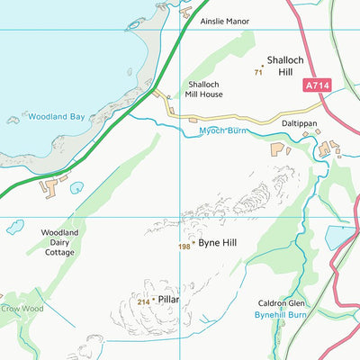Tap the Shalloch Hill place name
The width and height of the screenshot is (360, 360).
pyautogui.click(x=285, y=65)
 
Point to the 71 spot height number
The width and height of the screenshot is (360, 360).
pyautogui.click(x=257, y=72)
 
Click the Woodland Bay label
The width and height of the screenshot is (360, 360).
pyautogui.click(x=57, y=116)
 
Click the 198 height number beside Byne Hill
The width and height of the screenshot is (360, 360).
pyautogui.click(x=184, y=245)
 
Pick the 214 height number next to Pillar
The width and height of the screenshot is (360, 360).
pyautogui.click(x=142, y=302)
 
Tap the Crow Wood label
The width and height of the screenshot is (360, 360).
pyautogui.click(x=21, y=309)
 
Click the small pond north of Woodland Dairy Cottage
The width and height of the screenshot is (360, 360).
pyautogui.click(x=76, y=188)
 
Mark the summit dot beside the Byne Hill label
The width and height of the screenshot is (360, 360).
pyautogui.click(x=193, y=242)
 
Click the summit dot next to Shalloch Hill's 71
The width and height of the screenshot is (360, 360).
pyautogui.click(x=263, y=66)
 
